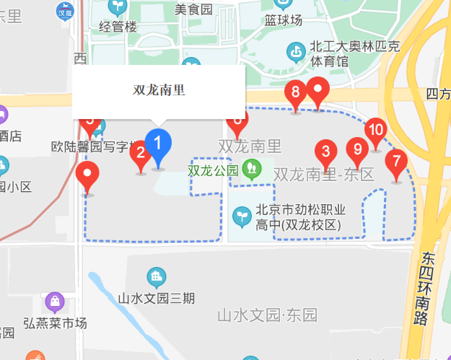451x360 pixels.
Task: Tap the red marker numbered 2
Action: pos(141,153)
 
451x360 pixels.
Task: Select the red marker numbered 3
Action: pos(325,152)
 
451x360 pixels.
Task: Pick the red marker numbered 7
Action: pos(395,162)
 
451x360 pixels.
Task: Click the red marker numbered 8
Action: pos(294,93)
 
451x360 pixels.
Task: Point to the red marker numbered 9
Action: pos(356,151)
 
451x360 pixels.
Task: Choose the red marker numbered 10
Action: pos(375,131)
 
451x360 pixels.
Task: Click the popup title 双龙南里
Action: pos(159,90)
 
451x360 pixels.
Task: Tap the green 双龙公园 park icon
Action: pos(251,170)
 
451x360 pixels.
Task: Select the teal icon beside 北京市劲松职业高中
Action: pos(241,215)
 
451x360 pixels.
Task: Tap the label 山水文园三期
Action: pos(157,297)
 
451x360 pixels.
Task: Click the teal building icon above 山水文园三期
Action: pos(156,276)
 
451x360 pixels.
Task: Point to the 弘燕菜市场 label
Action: pos(55,322)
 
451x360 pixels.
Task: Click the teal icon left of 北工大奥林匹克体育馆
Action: pos(296,52)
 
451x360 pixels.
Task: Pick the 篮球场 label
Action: pos(284,19)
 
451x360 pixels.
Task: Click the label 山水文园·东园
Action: pos(268,315)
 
